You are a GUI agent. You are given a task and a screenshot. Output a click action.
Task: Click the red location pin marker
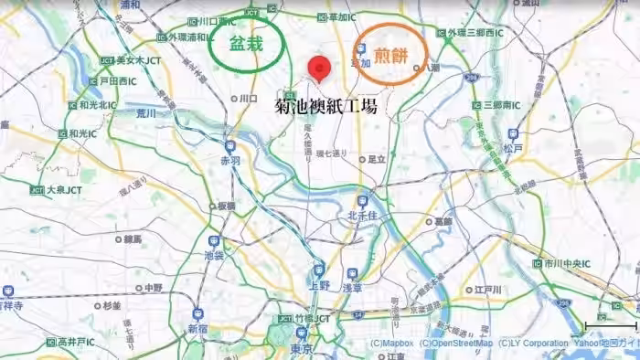tap(318, 69)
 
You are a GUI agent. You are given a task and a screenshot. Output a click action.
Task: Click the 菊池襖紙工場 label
tap(326, 107)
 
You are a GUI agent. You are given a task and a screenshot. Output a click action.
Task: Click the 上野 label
tap(319, 286)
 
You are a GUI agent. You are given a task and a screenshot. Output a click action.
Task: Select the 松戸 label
tap(513, 148)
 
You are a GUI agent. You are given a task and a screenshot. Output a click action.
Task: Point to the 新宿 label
tap(198, 328)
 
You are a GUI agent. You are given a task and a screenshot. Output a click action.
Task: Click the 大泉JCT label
tap(57, 190)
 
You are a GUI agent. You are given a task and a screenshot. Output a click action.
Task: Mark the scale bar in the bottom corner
tap(611, 325)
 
